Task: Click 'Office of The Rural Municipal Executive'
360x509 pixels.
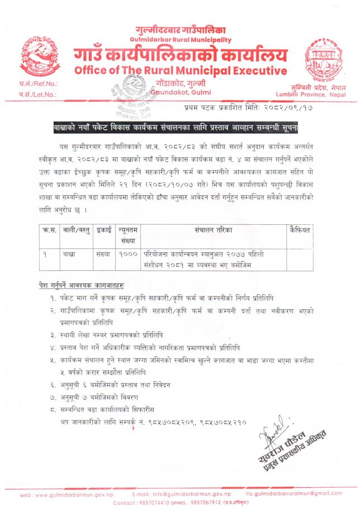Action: (180, 71)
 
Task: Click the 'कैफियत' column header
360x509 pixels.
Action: (299, 230)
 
